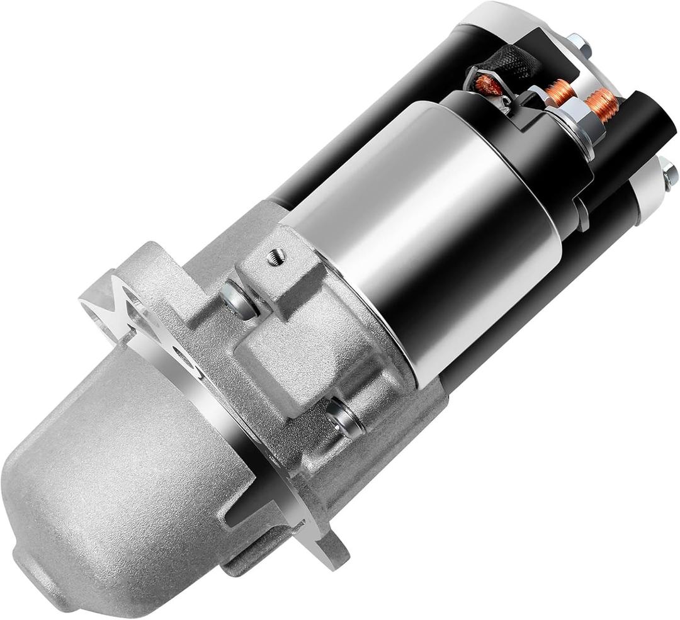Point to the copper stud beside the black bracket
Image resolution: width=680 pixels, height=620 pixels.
coord(559,92)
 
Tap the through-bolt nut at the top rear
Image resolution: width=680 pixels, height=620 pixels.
coord(577,43)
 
